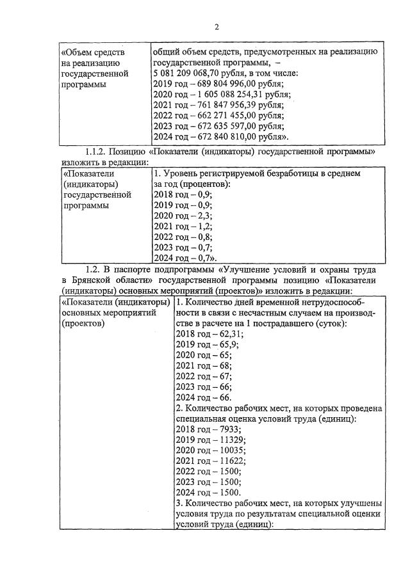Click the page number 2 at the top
(216, 27)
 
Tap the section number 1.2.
(94, 269)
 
